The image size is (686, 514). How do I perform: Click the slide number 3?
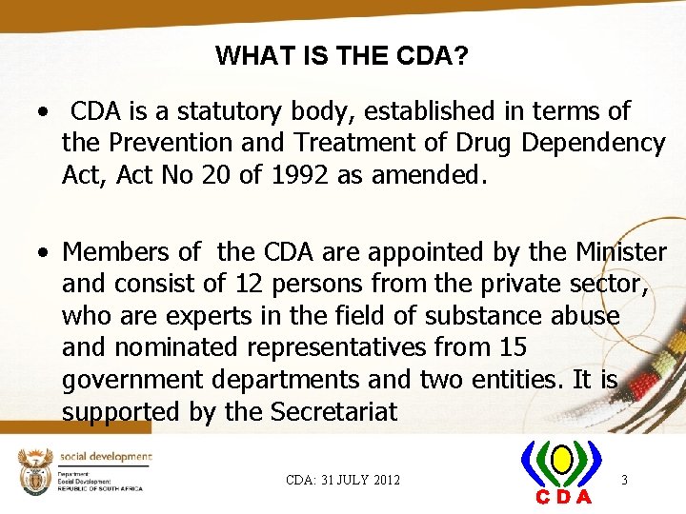(x=624, y=480)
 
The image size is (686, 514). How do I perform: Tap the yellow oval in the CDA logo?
(x=561, y=463)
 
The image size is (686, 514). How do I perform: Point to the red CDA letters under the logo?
(x=563, y=497)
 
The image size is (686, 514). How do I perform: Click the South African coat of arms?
(x=33, y=470)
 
